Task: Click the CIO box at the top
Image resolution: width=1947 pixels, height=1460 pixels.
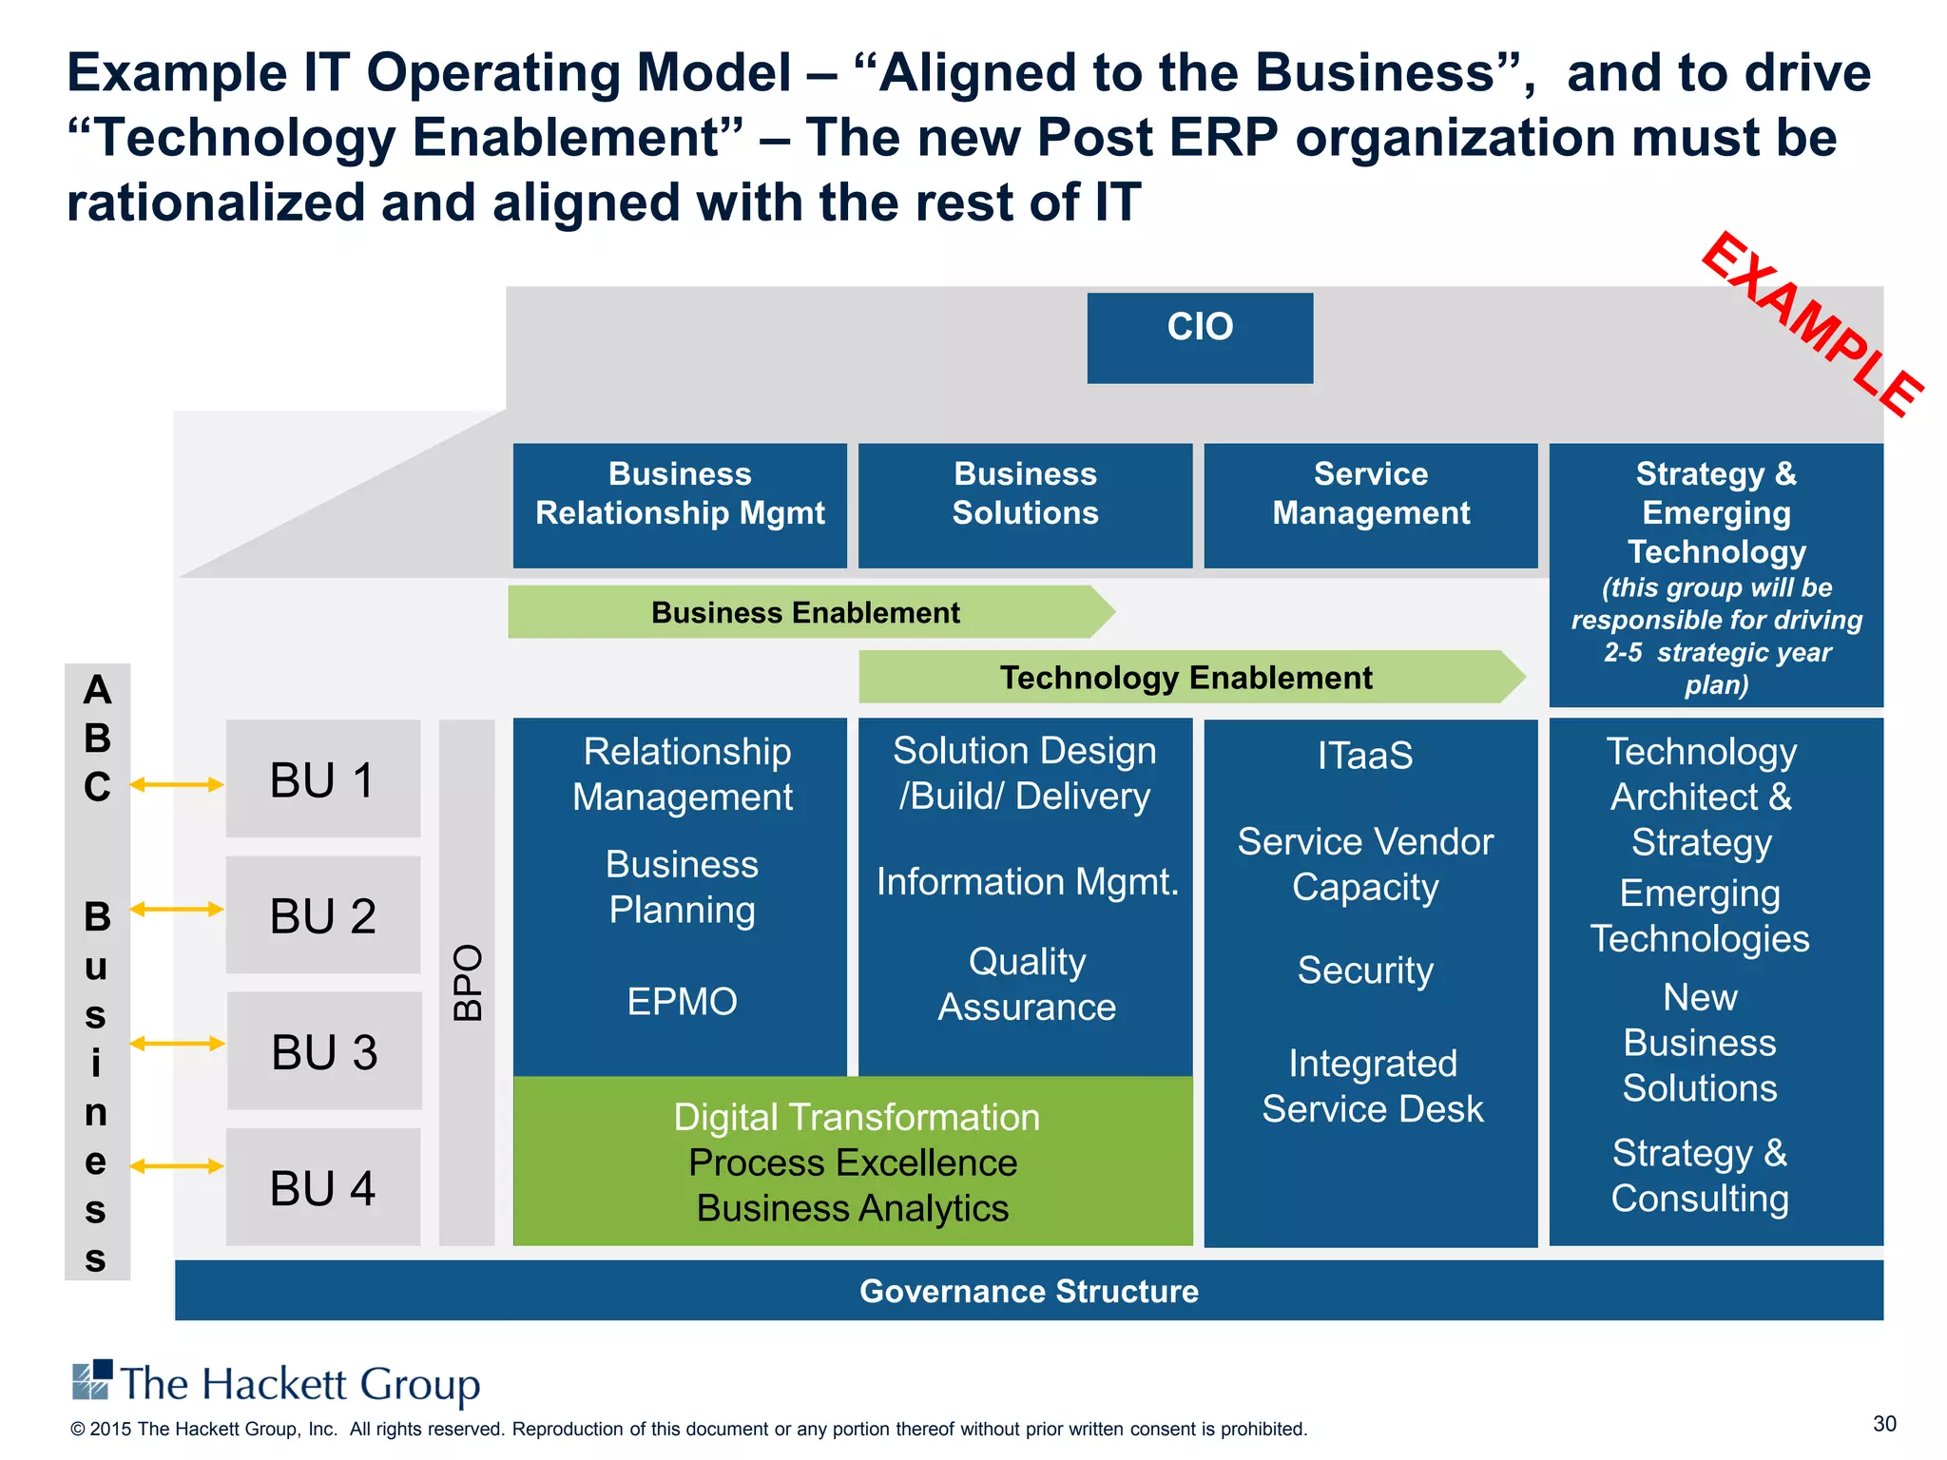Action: (1200, 337)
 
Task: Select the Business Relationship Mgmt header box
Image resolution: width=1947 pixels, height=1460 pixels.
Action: (680, 505)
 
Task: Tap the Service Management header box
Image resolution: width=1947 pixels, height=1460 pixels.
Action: (1370, 505)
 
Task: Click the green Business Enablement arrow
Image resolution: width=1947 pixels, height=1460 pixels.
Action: (806, 612)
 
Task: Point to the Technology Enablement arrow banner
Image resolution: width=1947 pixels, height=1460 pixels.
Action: (1186, 677)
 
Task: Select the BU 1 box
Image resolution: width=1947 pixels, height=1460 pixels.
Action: (323, 778)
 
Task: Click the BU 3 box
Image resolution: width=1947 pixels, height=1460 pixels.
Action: (324, 1050)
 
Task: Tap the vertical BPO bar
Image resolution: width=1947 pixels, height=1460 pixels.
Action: (467, 982)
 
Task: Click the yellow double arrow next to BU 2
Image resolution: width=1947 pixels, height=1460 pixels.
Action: (177, 910)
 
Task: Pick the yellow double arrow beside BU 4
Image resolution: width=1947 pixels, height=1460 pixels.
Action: (177, 1166)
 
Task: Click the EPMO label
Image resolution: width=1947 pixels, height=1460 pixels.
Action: (682, 1002)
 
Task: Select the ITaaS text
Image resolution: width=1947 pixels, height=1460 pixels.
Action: (1365, 756)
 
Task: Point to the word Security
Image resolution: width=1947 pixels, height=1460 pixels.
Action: (1365, 970)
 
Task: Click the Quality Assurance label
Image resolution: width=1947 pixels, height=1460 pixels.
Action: (1027, 984)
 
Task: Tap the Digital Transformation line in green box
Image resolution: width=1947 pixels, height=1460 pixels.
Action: (857, 1118)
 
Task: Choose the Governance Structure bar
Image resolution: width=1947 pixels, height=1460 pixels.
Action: (1029, 1291)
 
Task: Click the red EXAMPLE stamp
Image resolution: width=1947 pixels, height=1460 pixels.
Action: (1811, 324)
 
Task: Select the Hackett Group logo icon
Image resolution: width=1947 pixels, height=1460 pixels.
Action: (92, 1380)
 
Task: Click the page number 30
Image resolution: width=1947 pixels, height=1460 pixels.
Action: (1884, 1424)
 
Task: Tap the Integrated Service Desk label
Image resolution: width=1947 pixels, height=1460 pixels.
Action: (1372, 1086)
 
